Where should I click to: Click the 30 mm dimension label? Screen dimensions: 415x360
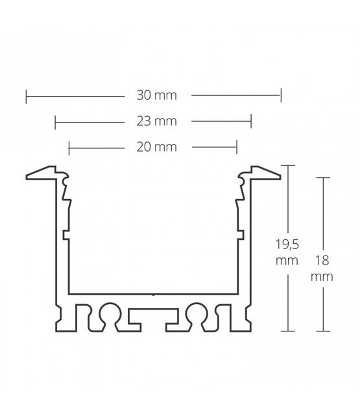[x=153, y=95]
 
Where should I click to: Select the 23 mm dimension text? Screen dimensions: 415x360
[x=153, y=121]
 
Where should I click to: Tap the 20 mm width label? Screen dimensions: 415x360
[x=153, y=147]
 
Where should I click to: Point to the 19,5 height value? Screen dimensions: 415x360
[x=285, y=246]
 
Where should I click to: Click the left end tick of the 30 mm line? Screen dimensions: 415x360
[x=26, y=95]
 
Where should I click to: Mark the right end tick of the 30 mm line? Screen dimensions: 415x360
[x=280, y=95]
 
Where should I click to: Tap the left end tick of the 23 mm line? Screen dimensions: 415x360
[x=55, y=121]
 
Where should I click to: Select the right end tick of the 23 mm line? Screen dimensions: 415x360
[x=251, y=121]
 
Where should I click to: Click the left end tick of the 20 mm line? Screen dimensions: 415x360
[x=69, y=147]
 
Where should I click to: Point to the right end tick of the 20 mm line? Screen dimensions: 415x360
[x=237, y=147]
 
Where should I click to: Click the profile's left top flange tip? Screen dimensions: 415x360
[x=27, y=176]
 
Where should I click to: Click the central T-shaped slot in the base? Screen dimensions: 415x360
[x=153, y=318]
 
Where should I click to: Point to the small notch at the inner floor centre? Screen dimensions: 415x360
[x=153, y=295]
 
